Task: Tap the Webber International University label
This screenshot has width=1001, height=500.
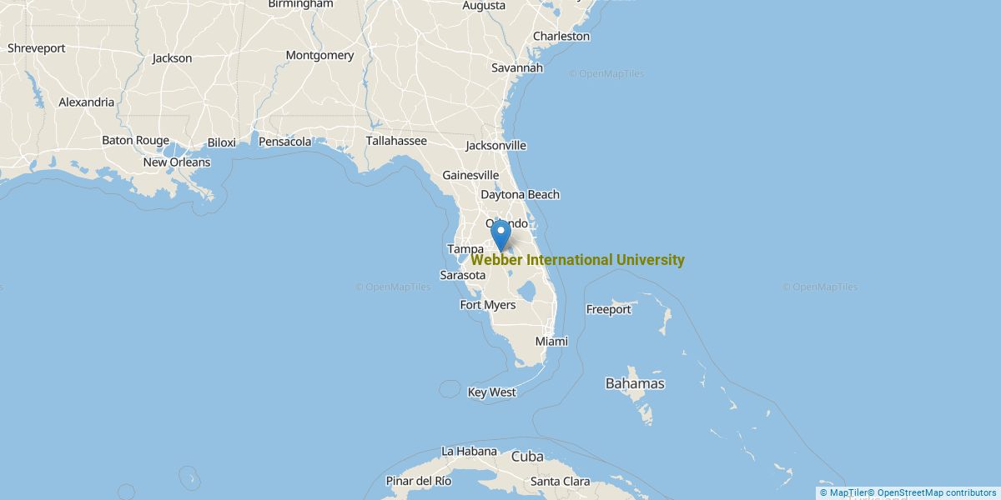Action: (x=577, y=260)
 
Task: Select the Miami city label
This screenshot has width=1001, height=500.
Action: (x=551, y=342)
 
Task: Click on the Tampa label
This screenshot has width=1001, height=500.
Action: (x=465, y=249)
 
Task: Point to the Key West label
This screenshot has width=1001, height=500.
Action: (x=492, y=392)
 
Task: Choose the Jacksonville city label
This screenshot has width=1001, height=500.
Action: (x=495, y=145)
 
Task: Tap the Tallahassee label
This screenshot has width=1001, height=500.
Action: (x=396, y=141)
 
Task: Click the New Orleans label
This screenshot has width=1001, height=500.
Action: (x=177, y=162)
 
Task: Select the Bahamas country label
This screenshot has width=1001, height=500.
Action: (x=635, y=383)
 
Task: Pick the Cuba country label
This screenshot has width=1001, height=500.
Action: (x=527, y=457)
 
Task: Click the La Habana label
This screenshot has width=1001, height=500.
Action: (x=470, y=451)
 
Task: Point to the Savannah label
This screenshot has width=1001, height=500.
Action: (x=516, y=67)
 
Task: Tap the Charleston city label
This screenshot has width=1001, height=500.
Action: (x=561, y=36)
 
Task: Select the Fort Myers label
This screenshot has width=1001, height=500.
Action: (x=488, y=305)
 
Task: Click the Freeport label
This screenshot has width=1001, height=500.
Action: (x=609, y=309)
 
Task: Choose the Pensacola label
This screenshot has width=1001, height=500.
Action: (x=285, y=142)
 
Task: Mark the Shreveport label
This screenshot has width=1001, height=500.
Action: (x=37, y=48)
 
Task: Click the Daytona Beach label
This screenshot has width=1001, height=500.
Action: (x=520, y=194)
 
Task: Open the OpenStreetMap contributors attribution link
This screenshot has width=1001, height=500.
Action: (x=937, y=492)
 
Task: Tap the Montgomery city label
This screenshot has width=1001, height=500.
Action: (x=319, y=56)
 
